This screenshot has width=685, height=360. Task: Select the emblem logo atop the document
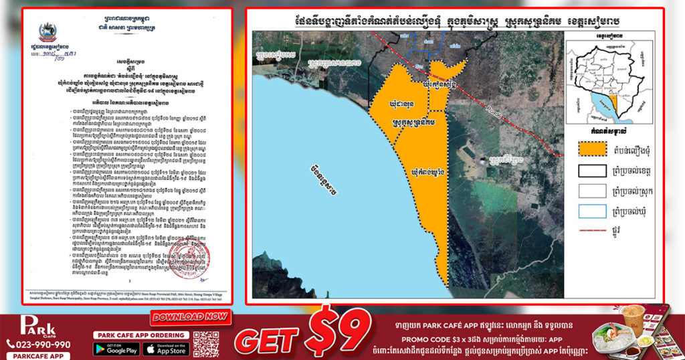48,30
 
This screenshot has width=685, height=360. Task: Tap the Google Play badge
114,348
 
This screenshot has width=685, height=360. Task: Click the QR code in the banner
206,343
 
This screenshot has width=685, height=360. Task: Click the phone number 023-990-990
38,344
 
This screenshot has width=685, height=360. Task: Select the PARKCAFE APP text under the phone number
33,355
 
